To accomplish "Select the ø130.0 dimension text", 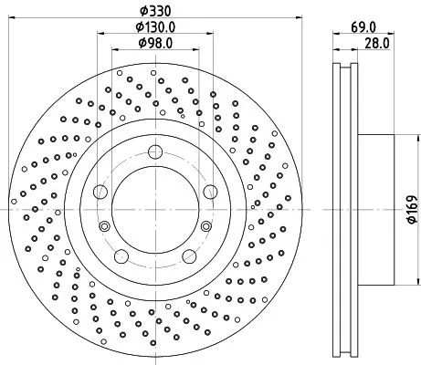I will click(x=156, y=27).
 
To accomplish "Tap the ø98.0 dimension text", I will click(x=156, y=43).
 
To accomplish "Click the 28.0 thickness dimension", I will click(x=373, y=42).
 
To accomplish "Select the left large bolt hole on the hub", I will click(x=101, y=191).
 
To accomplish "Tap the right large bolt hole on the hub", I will click(x=211, y=191).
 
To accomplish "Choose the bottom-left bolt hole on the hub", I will click(x=122, y=256).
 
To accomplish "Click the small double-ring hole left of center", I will click(x=105, y=226).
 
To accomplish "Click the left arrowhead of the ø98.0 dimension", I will click(x=114, y=53).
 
